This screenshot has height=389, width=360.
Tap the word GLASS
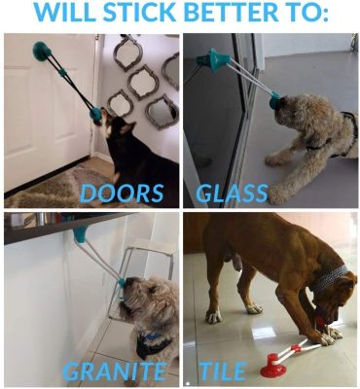coord(233,191)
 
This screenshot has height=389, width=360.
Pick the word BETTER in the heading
coord(237,15)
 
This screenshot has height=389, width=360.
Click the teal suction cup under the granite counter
coord(79,234)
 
